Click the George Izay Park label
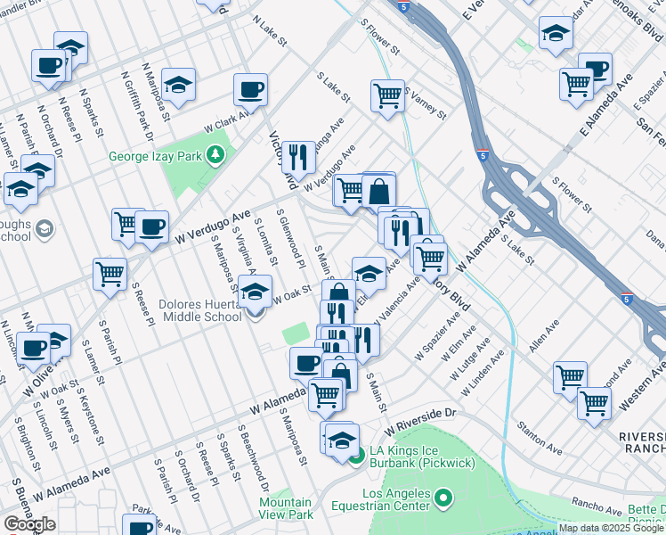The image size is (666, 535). pos(156,156)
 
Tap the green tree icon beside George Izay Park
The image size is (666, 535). pos(215,156)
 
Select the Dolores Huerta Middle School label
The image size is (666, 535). pos(199,310)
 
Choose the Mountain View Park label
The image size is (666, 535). pos(286,508)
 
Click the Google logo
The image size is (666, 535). pos(29,524)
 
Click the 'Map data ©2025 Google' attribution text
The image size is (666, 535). pos(611,528)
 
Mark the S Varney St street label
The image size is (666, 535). pos(425,103)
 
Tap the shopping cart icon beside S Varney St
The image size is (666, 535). pos(387,94)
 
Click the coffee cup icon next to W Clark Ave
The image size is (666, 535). pos(250,89)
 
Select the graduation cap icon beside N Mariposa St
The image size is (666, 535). pos(179,84)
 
